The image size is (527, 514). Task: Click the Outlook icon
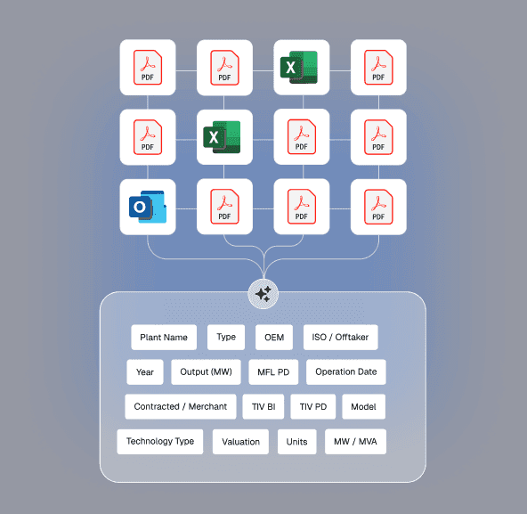click(x=148, y=207)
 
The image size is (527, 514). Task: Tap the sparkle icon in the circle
click(x=263, y=294)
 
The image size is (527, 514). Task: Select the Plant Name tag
click(x=164, y=337)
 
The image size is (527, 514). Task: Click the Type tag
click(x=226, y=337)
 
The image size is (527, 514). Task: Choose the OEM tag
click(x=274, y=337)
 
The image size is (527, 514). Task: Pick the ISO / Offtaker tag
click(x=340, y=337)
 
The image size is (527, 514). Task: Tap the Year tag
click(x=145, y=372)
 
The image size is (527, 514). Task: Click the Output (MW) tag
click(x=206, y=372)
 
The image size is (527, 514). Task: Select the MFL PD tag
click(x=273, y=372)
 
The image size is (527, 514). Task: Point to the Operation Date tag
click(x=345, y=372)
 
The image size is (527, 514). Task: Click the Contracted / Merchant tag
click(x=181, y=407)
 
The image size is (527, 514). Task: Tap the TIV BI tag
click(x=263, y=407)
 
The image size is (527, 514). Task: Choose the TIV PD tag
click(x=313, y=407)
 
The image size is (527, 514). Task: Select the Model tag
click(x=364, y=407)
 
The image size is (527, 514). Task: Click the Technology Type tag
click(x=160, y=442)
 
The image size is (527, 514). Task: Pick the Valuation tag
click(x=240, y=442)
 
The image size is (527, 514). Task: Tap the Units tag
click(x=296, y=442)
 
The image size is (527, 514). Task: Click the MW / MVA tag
click(x=355, y=442)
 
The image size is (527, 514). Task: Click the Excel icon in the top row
click(x=299, y=68)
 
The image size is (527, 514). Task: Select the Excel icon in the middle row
click(x=222, y=137)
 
